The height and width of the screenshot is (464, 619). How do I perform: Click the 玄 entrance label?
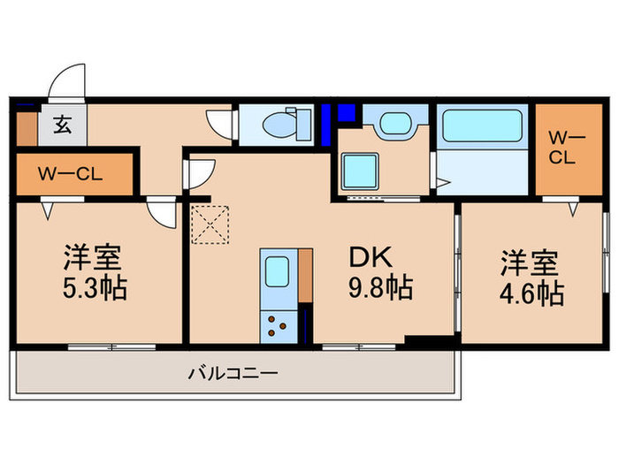pyautogui.click(x=63, y=125)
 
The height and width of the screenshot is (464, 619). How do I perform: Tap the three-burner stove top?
pyautogui.click(x=277, y=324)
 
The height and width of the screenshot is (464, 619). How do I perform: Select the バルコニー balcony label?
pyautogui.click(x=233, y=374)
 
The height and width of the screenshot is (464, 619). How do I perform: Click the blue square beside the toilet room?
pyautogui.click(x=346, y=113)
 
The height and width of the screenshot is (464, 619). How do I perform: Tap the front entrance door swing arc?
pyautogui.click(x=65, y=82)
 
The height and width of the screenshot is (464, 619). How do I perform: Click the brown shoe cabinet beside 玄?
pyautogui.click(x=26, y=126)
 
